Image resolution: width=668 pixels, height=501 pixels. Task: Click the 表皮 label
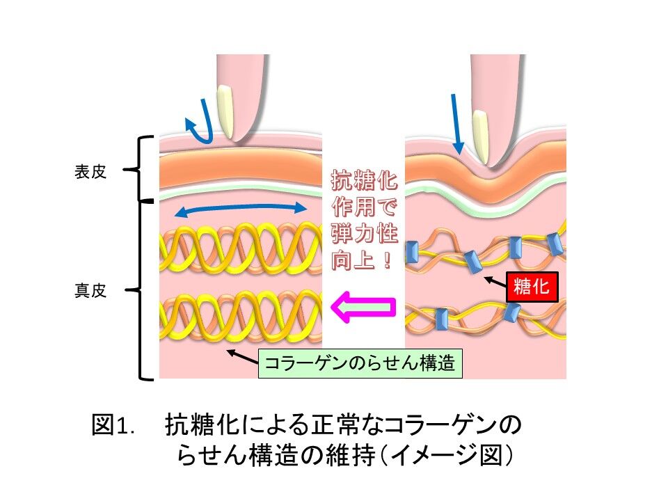point(90,173)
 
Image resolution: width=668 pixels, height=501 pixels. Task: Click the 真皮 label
point(90,291)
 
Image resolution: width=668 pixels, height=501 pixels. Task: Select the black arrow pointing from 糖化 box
point(495,280)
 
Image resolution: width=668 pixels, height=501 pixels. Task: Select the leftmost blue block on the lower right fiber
point(440,320)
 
